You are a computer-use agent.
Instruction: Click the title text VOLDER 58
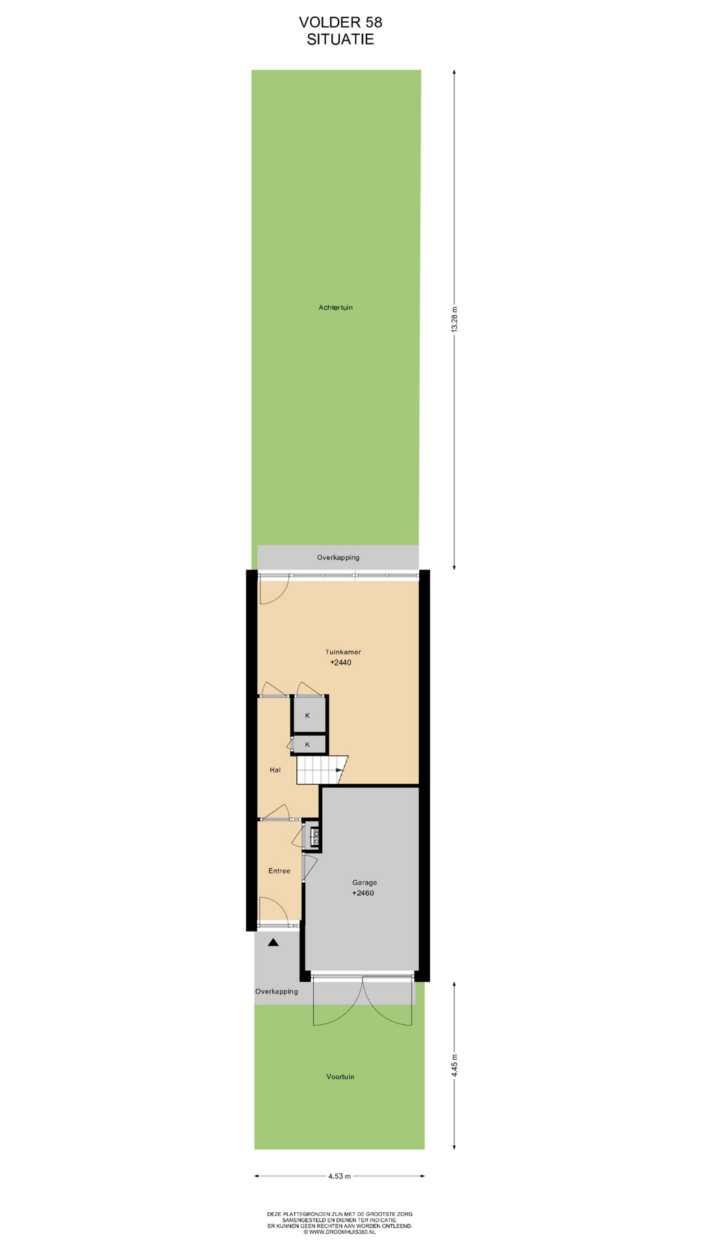tap(340, 22)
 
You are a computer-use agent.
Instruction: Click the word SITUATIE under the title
tap(340, 39)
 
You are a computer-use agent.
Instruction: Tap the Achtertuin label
tap(336, 307)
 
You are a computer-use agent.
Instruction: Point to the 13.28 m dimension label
tap(455, 319)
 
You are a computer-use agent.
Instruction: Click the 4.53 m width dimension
tap(340, 1176)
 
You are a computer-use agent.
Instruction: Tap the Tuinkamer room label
tap(343, 652)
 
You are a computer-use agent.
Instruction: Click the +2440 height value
tap(340, 663)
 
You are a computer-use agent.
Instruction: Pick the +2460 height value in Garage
tap(363, 893)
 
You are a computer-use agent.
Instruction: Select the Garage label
tap(365, 883)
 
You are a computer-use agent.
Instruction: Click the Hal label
tap(275, 770)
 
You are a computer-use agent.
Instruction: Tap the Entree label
tap(279, 871)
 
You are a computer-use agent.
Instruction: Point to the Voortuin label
tap(340, 1077)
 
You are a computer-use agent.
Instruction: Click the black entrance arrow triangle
tap(273, 942)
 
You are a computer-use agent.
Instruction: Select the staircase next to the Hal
tap(322, 770)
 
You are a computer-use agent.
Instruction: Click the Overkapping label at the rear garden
tap(338, 557)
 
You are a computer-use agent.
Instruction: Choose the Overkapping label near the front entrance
tap(277, 992)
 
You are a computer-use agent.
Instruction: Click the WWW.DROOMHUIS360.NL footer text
tap(339, 1232)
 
